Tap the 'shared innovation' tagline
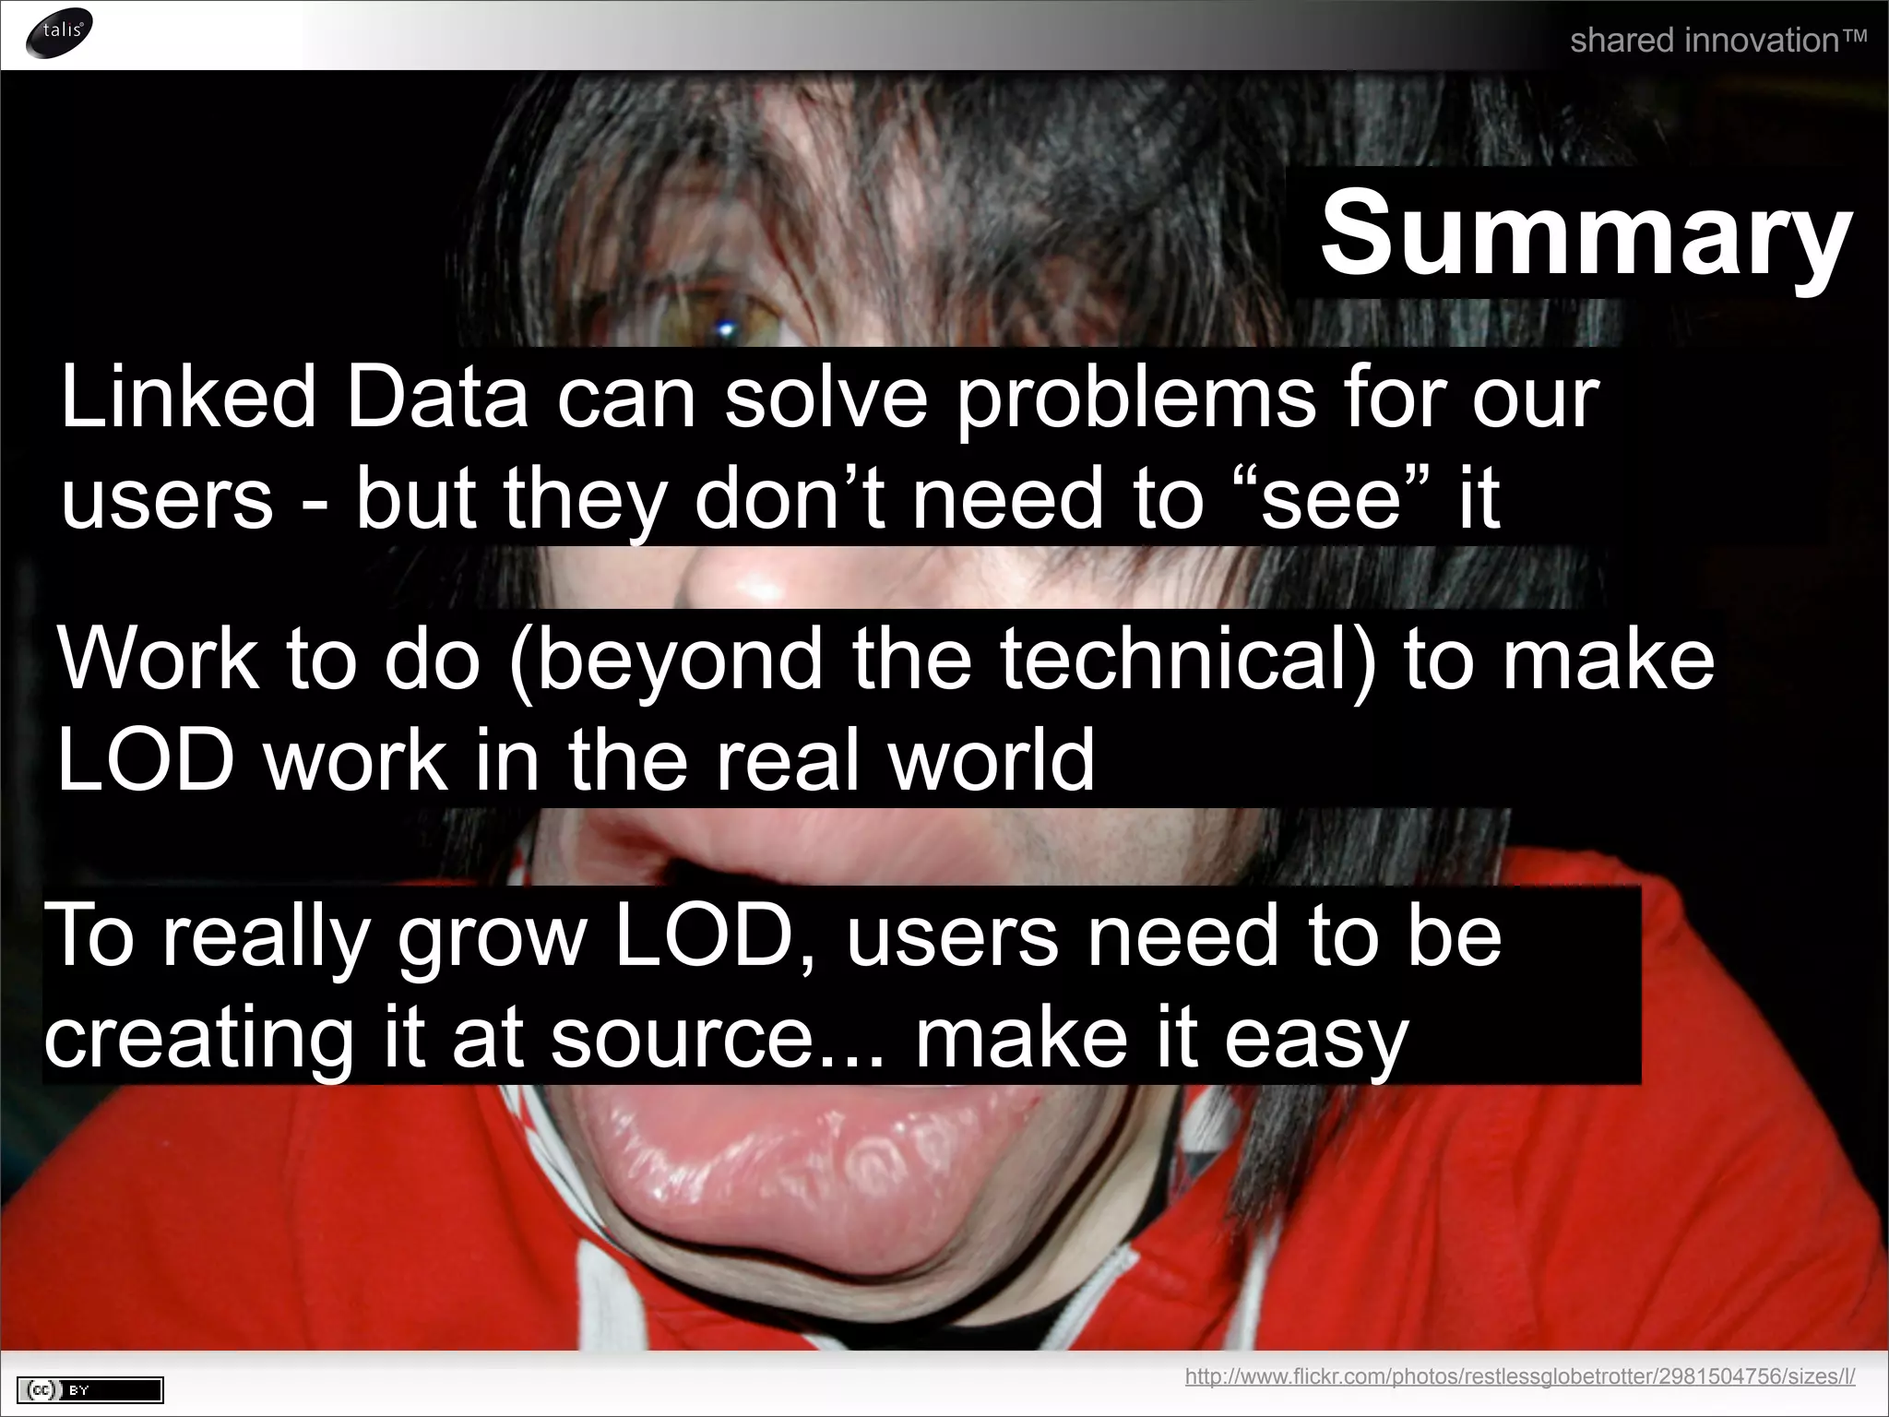[x=1717, y=41]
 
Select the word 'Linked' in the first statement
[x=188, y=398]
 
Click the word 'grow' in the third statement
[x=492, y=937]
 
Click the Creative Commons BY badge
[x=90, y=1389]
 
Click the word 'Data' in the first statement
[x=437, y=398]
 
